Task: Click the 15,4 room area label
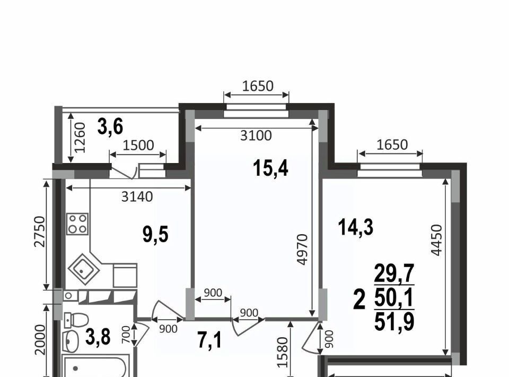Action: click(271, 169)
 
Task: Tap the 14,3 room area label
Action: click(355, 227)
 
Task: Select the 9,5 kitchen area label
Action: click(155, 234)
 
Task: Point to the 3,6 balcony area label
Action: click(110, 126)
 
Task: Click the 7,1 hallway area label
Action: click(210, 340)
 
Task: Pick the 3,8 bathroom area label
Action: click(98, 337)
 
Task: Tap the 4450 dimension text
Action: click(436, 240)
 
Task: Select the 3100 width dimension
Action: click(256, 135)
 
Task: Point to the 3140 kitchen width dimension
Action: click(137, 196)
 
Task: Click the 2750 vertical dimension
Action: click(40, 232)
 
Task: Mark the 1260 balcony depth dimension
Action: click(80, 138)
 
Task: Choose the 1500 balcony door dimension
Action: click(138, 145)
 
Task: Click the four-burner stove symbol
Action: click(77, 224)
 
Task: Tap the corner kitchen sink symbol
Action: click(84, 269)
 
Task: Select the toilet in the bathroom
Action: click(76, 320)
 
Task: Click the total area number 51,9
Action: click(394, 322)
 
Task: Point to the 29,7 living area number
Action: click(394, 273)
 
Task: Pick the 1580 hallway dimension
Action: click(283, 352)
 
